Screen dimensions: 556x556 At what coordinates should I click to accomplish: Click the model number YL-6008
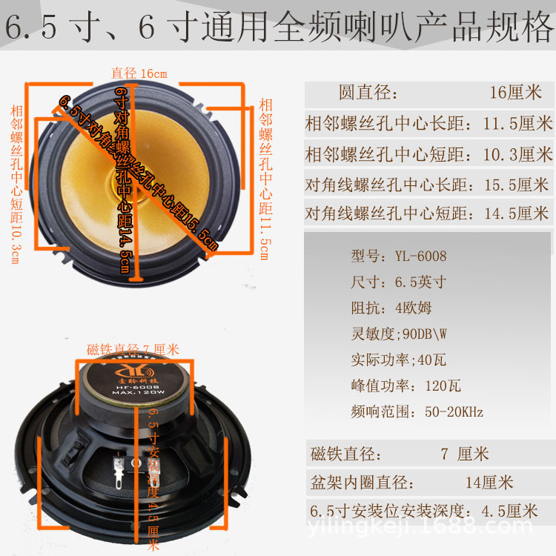point(420,257)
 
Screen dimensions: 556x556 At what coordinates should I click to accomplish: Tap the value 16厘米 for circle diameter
point(516,93)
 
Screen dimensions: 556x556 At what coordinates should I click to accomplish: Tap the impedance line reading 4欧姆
point(391,308)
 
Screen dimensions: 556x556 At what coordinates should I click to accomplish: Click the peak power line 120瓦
point(406,385)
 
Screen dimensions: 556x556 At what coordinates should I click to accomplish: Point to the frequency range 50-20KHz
point(417,411)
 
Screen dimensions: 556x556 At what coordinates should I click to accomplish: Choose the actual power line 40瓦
point(398,360)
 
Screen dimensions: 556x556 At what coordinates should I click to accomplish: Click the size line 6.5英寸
point(398,282)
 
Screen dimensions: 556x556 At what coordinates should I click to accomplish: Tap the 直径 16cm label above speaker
point(139,73)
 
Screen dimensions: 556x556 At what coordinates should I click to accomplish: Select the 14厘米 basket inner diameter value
point(489,483)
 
